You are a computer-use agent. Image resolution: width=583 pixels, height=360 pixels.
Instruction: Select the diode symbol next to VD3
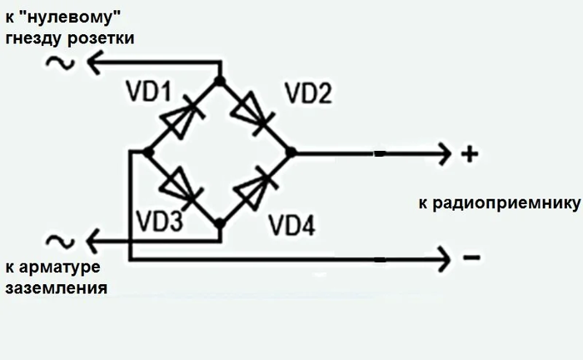[x=183, y=187]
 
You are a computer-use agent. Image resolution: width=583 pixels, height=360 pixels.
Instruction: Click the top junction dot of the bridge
[x=219, y=81]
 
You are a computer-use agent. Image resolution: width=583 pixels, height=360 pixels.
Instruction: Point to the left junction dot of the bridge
[x=147, y=152]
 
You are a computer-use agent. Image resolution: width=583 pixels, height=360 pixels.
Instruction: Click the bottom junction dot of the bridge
[x=219, y=223]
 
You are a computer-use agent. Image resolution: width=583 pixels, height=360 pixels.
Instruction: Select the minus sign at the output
[x=471, y=258]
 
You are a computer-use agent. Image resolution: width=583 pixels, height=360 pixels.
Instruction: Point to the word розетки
[x=100, y=38]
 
